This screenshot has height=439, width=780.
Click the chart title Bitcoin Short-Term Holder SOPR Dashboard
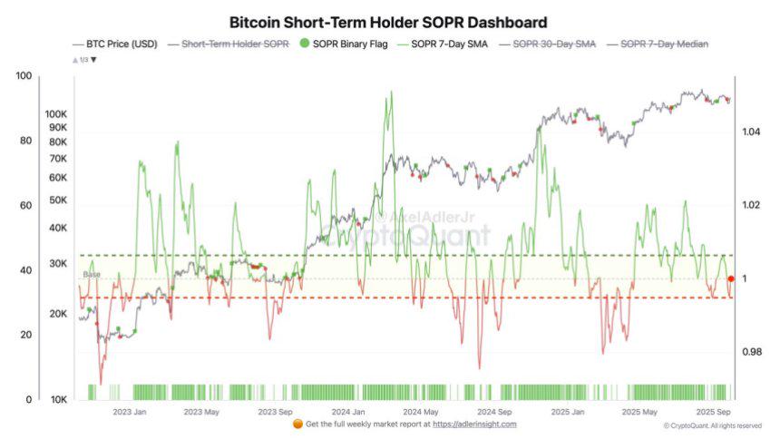pos(388,21)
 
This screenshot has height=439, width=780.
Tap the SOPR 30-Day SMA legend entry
pos(554,44)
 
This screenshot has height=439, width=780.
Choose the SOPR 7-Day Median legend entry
pos(664,44)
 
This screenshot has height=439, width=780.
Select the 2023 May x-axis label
pos(201,412)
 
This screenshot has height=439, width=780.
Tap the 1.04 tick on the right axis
pos(750,132)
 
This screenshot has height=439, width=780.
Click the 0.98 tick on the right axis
pos(750,352)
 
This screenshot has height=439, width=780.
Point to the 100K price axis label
pos(56,115)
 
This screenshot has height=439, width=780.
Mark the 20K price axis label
pos(59,314)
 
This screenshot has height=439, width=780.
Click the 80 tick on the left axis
pos(25,141)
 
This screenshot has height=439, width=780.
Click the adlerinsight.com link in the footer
pos(474,424)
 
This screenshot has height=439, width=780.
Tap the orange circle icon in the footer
pos(297,424)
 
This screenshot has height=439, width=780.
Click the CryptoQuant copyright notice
pos(712,425)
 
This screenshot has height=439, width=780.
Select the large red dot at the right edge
pos(731,279)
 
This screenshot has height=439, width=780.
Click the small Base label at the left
pos(92,274)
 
